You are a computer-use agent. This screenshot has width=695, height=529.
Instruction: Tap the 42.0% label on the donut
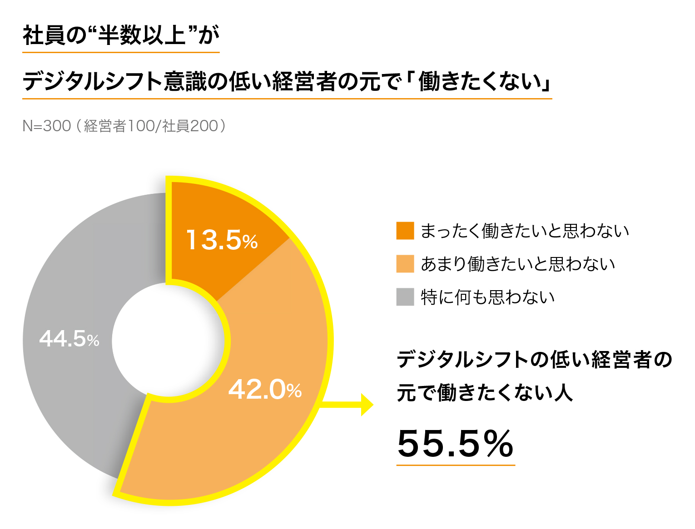click(265, 390)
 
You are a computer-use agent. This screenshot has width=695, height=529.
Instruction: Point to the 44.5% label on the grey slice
click(69, 339)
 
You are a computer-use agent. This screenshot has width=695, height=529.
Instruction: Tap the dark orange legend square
click(405, 231)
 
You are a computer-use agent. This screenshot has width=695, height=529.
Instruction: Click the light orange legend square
click(405, 264)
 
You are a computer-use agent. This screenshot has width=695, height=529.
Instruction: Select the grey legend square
click(405, 297)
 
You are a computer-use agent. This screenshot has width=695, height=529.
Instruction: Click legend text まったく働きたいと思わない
click(525, 231)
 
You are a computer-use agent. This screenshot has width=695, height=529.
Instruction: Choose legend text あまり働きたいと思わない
click(518, 264)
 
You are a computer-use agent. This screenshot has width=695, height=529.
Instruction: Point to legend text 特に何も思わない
click(488, 297)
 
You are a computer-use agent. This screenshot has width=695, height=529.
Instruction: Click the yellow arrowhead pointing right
click(367, 405)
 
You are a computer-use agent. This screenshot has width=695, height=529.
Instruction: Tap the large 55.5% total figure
click(455, 444)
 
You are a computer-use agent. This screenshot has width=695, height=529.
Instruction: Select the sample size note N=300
click(47, 126)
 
